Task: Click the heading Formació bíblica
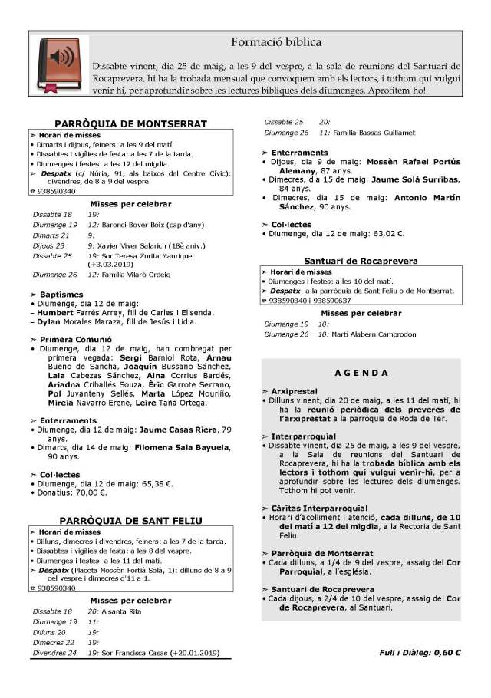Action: (x=276, y=41)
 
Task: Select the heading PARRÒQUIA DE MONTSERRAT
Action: (x=130, y=123)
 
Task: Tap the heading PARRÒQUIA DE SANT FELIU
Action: (x=130, y=520)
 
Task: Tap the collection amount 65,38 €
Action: (x=157, y=484)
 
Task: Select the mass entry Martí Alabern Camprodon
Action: (x=372, y=334)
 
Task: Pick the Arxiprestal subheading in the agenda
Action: (x=292, y=391)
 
